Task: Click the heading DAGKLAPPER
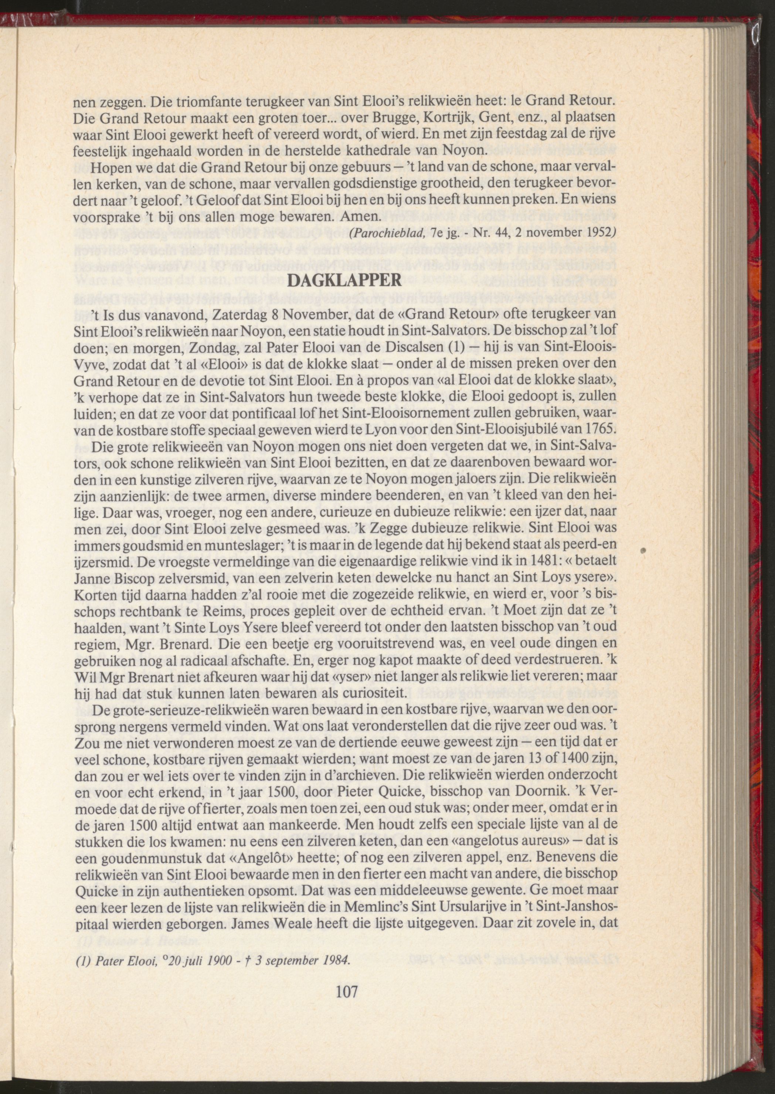click(x=346, y=280)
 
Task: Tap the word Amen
click(x=361, y=216)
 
